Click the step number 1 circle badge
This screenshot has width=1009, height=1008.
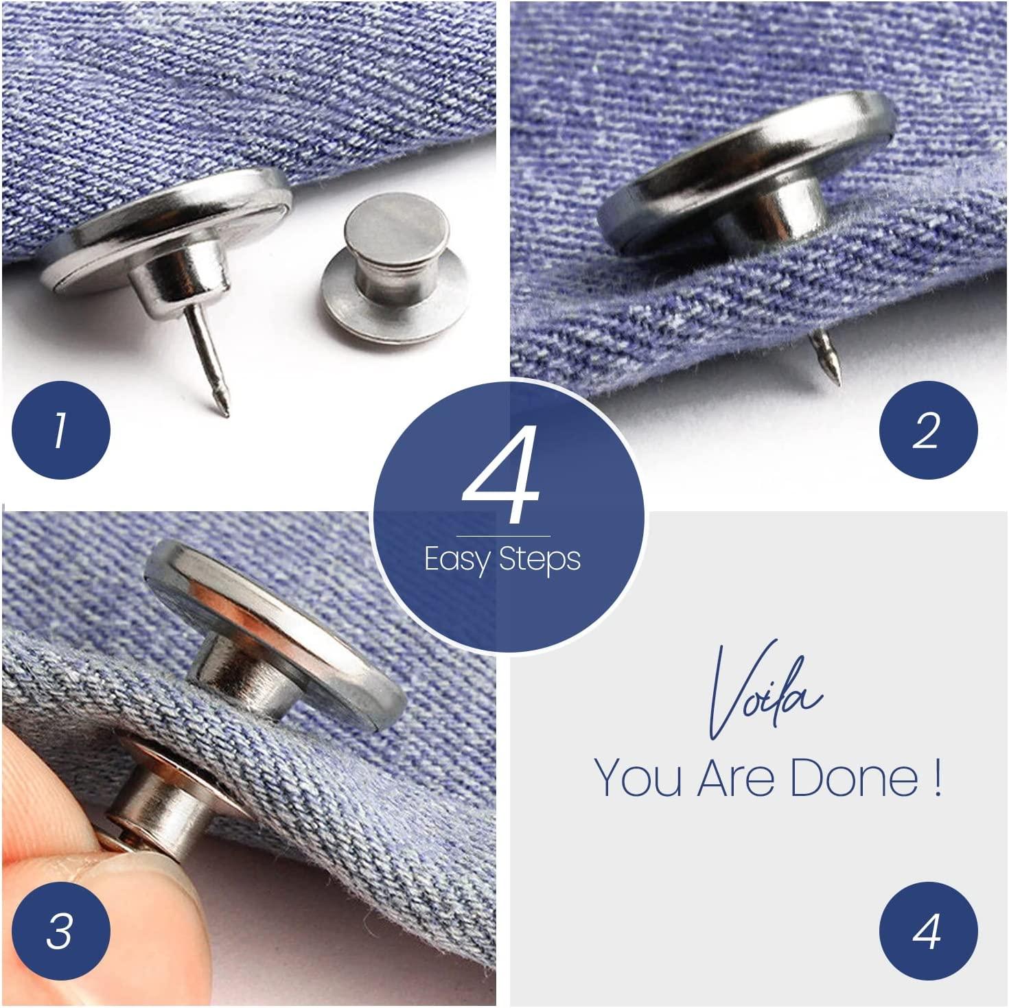click(x=60, y=430)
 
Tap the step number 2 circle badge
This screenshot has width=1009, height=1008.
click(x=928, y=430)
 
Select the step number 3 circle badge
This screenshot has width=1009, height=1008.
click(x=60, y=932)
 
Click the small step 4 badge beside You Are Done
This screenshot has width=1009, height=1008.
click(x=928, y=932)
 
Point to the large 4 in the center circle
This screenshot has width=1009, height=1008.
click(x=502, y=479)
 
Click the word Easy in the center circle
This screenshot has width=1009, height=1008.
click(x=457, y=560)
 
